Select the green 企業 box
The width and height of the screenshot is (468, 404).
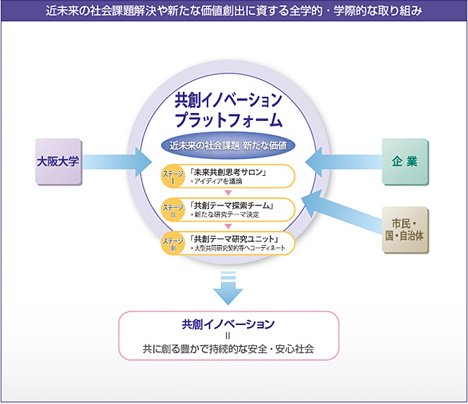tap(405, 161)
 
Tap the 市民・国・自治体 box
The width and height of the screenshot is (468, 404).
tap(405, 230)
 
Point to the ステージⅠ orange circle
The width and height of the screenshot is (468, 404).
tap(173, 177)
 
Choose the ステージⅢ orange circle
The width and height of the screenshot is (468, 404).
tap(173, 243)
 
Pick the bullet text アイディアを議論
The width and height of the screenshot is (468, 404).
tap(217, 182)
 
